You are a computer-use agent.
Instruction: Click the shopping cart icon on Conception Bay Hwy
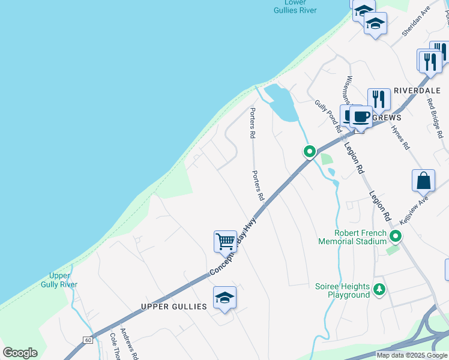point(225,241)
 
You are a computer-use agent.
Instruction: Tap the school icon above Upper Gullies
point(224,298)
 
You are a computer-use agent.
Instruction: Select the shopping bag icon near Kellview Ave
point(423,181)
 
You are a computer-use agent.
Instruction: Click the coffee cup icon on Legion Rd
point(361,117)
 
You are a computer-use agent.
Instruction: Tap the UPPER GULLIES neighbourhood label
point(173,307)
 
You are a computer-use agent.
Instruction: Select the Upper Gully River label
point(59,280)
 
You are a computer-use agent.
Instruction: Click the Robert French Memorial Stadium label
point(352,237)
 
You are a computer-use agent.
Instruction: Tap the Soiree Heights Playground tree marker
point(379,290)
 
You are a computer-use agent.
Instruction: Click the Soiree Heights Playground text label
point(342,290)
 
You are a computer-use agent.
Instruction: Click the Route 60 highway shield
point(88,340)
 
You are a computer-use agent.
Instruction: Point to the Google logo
point(20,353)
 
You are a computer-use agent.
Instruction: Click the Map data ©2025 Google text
point(412,355)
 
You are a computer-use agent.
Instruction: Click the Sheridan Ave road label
point(417,22)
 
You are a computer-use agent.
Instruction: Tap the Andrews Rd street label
point(130,344)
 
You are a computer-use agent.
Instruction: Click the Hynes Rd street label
point(400,137)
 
